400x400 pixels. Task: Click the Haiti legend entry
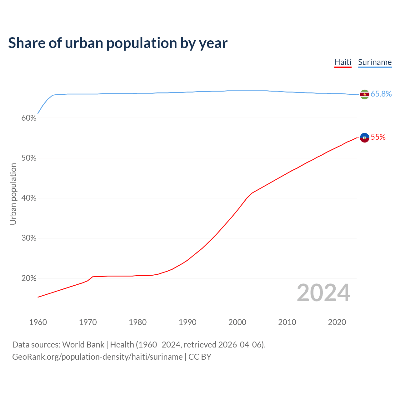point(343,62)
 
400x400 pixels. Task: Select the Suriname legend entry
point(375,62)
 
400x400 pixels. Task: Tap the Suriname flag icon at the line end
point(364,94)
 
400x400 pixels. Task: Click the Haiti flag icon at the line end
point(364,137)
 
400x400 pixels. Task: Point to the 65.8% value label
point(381,94)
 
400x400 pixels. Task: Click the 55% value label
point(378,137)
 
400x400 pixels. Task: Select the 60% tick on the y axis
point(29,118)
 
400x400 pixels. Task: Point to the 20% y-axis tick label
point(29,278)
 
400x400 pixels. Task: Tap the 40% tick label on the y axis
point(29,198)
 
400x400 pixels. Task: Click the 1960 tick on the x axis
point(38,322)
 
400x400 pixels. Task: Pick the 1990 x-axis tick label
point(187,322)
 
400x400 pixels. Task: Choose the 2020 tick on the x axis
point(337,322)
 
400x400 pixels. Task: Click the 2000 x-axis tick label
point(237,322)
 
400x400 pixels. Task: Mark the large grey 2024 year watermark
point(323,293)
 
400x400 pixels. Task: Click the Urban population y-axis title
point(13,194)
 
